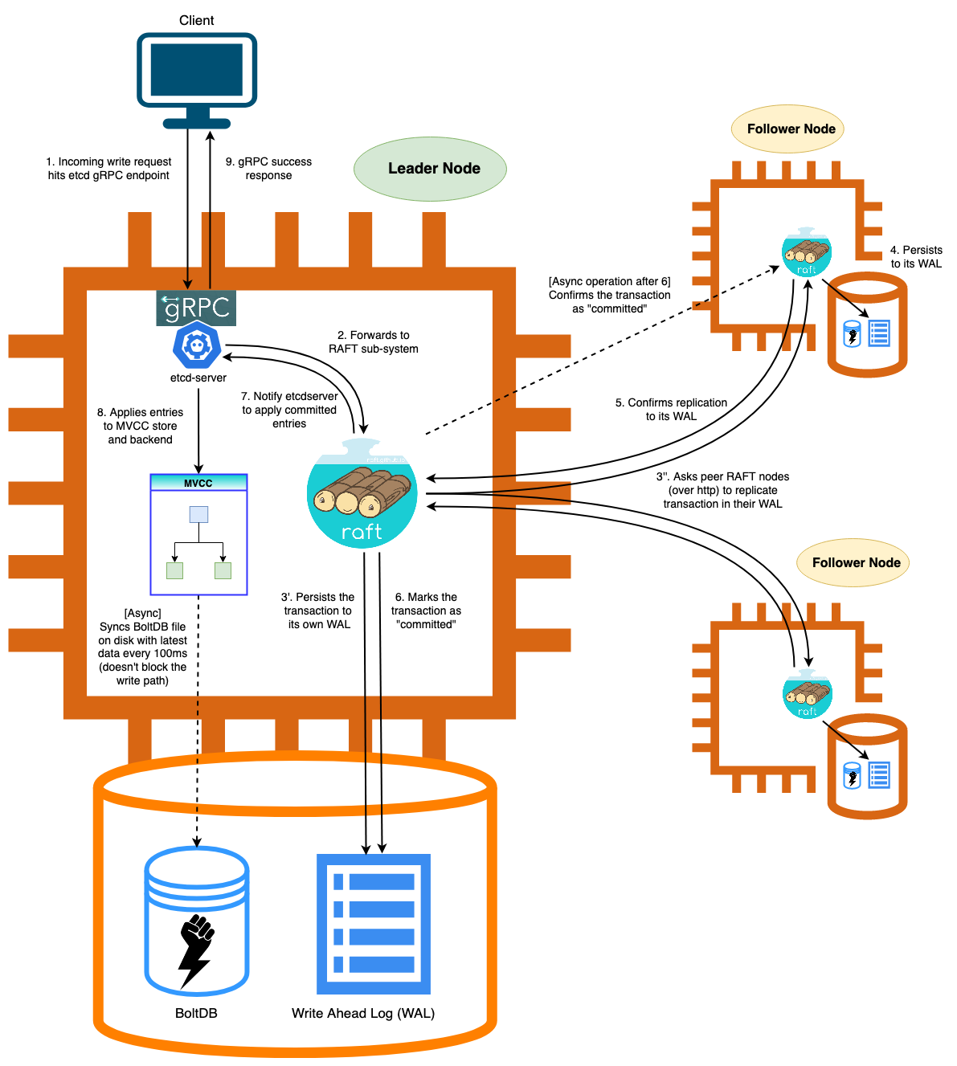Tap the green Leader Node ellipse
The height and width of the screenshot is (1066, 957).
[430, 169]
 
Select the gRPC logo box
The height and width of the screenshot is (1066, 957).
[196, 308]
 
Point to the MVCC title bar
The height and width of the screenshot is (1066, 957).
[198, 483]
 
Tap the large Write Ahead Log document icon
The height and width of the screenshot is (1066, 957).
[374, 924]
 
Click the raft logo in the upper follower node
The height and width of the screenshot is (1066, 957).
[807, 252]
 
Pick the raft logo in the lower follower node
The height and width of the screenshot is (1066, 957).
[808, 695]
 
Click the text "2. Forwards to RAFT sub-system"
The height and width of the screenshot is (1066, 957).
[374, 341]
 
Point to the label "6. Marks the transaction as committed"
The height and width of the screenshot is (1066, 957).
[426, 611]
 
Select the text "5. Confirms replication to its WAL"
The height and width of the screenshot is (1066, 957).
[671, 409]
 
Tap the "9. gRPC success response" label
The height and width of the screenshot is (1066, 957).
[268, 168]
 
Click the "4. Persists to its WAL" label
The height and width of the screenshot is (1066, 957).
[916, 256]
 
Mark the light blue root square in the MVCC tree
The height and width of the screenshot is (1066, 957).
[198, 514]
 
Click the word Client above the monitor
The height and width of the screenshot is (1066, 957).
[197, 20]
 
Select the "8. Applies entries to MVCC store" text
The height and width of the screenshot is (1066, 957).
[140, 425]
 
